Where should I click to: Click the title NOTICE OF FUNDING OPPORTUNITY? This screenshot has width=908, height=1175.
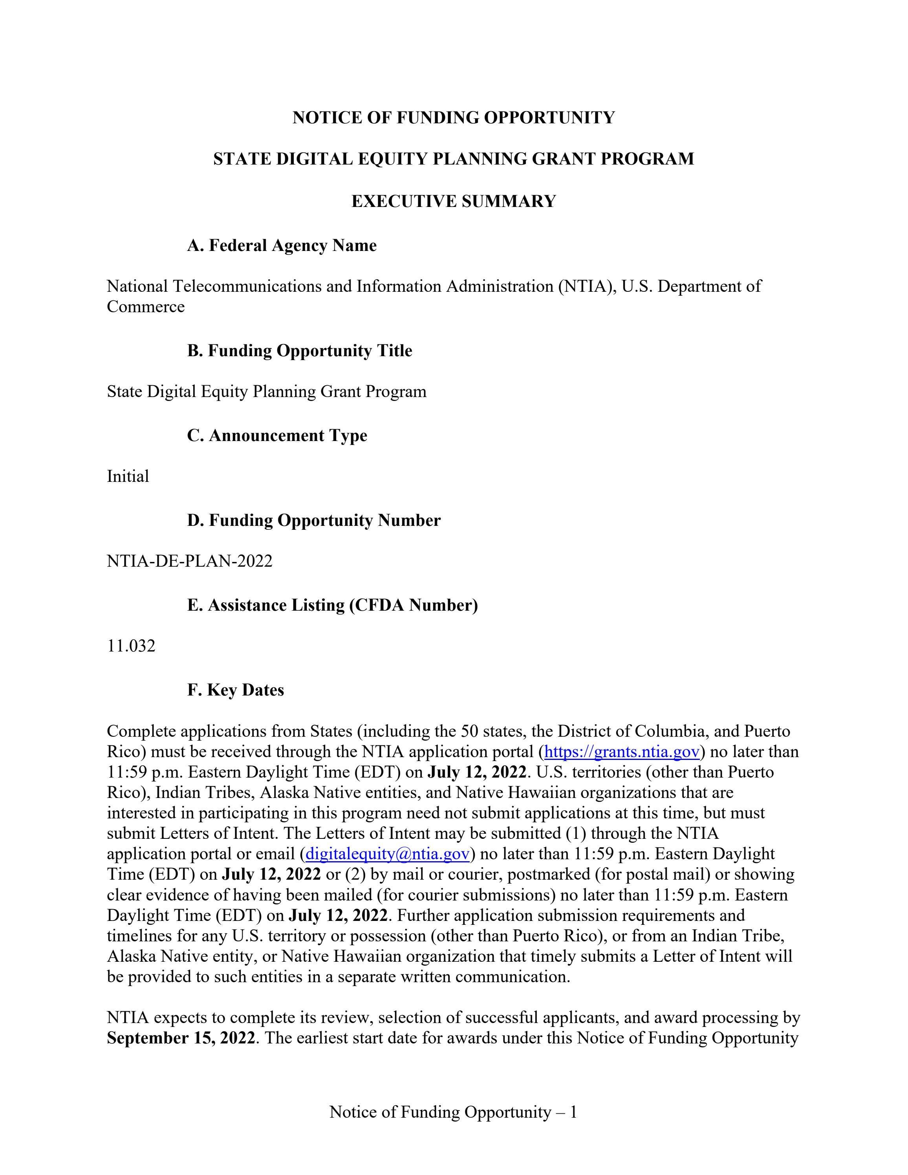tap(454, 117)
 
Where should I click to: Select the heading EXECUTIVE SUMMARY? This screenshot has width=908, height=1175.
tap(454, 201)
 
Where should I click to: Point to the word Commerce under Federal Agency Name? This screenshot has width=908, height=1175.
tap(145, 307)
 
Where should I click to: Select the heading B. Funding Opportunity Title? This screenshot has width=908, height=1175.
tap(299, 351)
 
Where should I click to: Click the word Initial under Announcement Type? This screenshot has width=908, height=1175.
tap(128, 477)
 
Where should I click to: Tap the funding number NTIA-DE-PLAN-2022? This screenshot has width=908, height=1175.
tap(189, 561)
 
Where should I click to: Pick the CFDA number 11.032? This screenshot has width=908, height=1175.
tap(131, 646)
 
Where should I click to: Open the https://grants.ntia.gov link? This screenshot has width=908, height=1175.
tap(621, 752)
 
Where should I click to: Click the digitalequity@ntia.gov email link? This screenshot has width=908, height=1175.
tap(387, 854)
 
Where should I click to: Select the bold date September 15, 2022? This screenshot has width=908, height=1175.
tap(181, 1038)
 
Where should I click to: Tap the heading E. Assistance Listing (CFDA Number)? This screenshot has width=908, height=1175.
tap(332, 605)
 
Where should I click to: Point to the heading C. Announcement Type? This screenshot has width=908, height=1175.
tap(277, 435)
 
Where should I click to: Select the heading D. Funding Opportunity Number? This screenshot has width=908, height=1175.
tap(314, 520)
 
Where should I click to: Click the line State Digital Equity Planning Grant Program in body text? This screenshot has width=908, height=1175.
tap(266, 392)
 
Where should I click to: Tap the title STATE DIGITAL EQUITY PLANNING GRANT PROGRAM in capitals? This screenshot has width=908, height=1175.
tap(454, 159)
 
